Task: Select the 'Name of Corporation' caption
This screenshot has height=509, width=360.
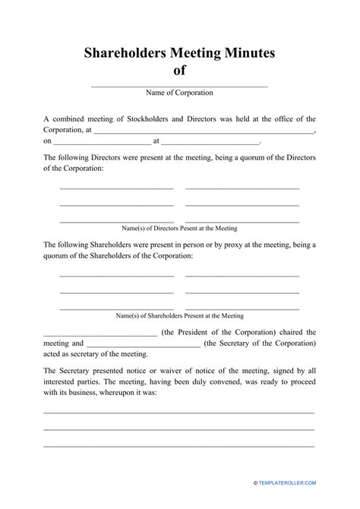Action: tap(179, 93)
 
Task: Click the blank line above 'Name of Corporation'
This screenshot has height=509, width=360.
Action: tap(179, 86)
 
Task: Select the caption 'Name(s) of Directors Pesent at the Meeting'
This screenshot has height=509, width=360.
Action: tap(179, 228)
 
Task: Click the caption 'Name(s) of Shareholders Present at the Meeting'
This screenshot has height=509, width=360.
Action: tap(179, 315)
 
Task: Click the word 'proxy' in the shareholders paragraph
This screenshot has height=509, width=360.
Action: tap(216, 245)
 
